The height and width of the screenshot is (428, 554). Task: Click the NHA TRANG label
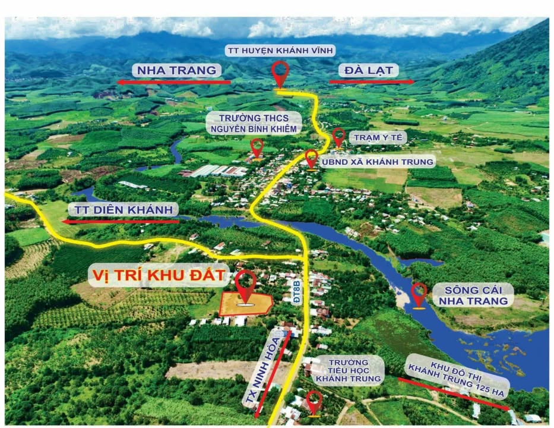pos(176,70)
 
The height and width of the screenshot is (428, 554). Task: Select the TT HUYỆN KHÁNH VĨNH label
pos(280,51)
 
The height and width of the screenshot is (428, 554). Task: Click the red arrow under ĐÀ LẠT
pos(372,81)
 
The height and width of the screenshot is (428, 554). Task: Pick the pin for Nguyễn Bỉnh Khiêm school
pos(257,147)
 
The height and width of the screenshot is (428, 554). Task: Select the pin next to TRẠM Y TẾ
pos(338,136)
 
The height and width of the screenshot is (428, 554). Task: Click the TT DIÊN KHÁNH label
pos(124,209)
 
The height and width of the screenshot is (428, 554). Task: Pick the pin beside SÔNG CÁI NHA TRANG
pos(419,294)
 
